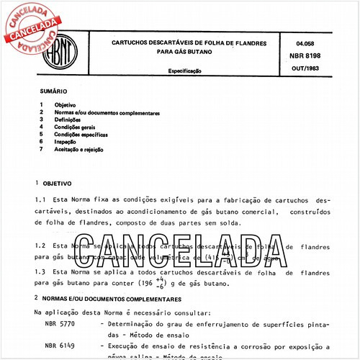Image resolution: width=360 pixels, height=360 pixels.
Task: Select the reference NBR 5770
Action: tap(58, 325)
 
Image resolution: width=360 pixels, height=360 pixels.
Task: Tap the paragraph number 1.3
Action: tap(40, 273)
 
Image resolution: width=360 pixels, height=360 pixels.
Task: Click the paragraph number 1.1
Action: tap(40, 199)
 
